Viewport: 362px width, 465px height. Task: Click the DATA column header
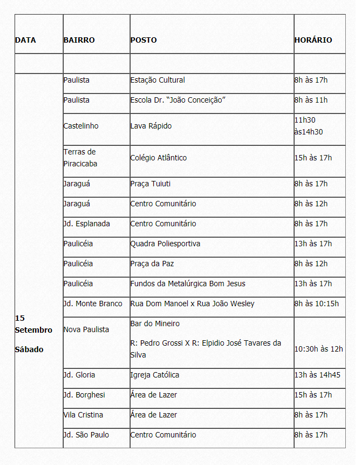tap(25, 40)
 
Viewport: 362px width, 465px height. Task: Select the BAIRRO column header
tap(79, 40)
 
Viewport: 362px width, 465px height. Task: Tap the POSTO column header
tap(144, 40)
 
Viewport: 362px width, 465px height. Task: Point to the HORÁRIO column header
tap(313, 40)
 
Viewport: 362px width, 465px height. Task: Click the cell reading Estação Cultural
tap(158, 80)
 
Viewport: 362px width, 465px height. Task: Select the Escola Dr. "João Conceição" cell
tap(177, 100)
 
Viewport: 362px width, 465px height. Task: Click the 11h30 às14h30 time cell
tap(309, 126)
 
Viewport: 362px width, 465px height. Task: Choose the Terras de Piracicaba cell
tap(80, 158)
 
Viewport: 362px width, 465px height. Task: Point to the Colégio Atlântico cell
tap(159, 158)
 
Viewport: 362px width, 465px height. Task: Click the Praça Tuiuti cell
tap(151, 184)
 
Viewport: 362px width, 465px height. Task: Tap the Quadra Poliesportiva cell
tap(165, 244)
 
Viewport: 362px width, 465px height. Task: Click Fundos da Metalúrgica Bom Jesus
tap(188, 284)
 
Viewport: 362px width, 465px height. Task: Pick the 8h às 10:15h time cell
tap(316, 304)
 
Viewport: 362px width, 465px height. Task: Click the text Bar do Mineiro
tap(155, 324)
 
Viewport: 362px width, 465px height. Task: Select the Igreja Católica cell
tap(155, 375)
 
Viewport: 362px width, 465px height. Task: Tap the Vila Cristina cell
tap(83, 415)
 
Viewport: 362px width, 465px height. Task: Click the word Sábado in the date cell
tap(29, 349)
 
